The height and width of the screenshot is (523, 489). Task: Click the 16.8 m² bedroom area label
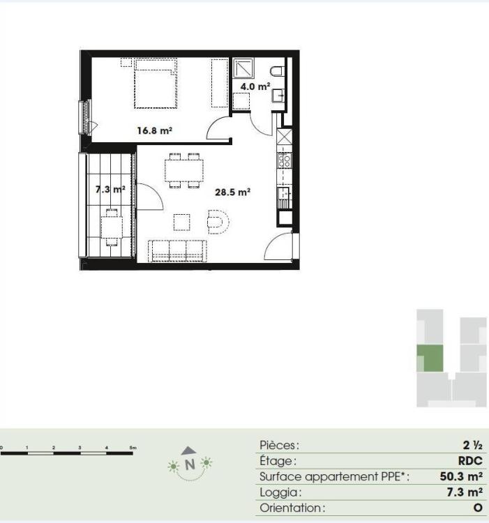click(x=154, y=130)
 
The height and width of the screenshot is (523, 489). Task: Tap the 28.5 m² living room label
click(x=232, y=192)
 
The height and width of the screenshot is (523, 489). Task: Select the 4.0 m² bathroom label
click(x=255, y=86)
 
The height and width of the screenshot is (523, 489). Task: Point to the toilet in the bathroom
click(x=277, y=71)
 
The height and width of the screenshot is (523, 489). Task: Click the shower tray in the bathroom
click(x=243, y=68)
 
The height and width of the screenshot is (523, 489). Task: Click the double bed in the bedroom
click(x=156, y=83)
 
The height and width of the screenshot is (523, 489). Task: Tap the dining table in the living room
click(x=183, y=170)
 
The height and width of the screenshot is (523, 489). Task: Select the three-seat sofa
click(x=177, y=250)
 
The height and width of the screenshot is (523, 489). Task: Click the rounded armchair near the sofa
click(x=218, y=222)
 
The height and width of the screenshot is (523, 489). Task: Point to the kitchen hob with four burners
click(x=284, y=160)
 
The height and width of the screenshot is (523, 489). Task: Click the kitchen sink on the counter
click(x=284, y=194)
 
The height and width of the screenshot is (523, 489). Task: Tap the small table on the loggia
click(x=112, y=227)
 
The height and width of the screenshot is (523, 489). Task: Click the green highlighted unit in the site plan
click(x=430, y=358)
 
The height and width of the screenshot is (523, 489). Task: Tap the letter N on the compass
click(x=190, y=464)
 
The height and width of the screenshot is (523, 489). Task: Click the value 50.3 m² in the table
click(x=461, y=476)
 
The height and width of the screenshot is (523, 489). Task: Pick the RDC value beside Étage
click(x=470, y=461)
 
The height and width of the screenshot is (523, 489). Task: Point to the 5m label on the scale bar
click(x=133, y=448)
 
